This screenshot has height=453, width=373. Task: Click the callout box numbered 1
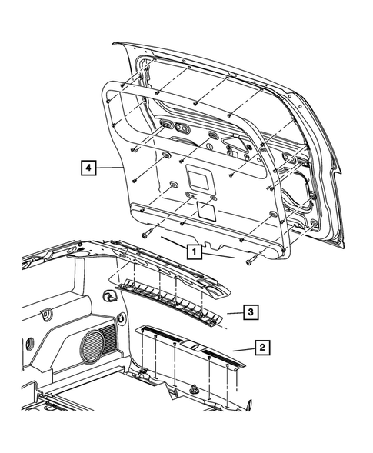click(x=195, y=251)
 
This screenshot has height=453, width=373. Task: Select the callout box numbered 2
click(x=262, y=348)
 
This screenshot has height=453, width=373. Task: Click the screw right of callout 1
click(x=250, y=263)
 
